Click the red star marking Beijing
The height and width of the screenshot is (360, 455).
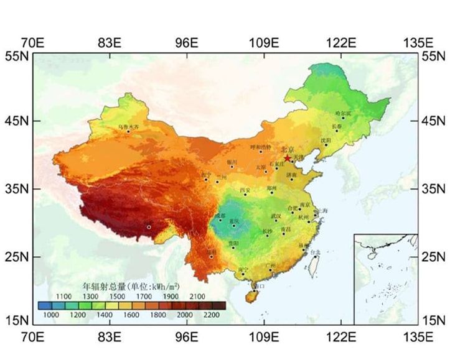click(x=287, y=158)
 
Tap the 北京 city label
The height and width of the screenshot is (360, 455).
click(x=288, y=149)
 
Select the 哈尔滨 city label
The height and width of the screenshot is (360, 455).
click(x=343, y=113)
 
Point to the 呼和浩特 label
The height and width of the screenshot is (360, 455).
click(x=261, y=147)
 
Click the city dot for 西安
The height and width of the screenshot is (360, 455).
click(x=245, y=195)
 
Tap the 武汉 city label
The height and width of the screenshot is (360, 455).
click(x=276, y=216)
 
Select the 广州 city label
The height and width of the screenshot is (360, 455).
click(x=270, y=265)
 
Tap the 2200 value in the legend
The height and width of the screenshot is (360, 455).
click(x=213, y=316)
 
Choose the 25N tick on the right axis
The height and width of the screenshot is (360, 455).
click(x=433, y=256)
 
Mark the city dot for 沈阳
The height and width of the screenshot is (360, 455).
click(x=325, y=145)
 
